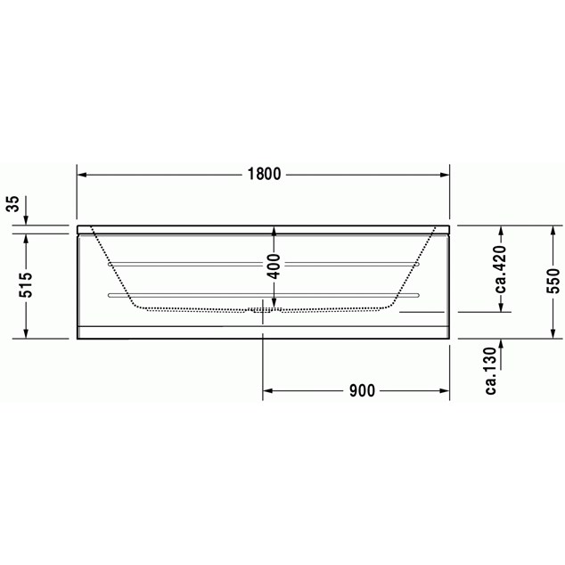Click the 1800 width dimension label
pyautogui.click(x=264, y=175)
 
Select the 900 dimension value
pyautogui.click(x=362, y=390)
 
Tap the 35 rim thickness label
pyautogui.click(x=13, y=204)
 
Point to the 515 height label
pyautogui.click(x=26, y=285)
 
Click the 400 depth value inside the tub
pyautogui.click(x=274, y=266)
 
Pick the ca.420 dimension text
pyautogui.click(x=501, y=269)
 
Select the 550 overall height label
pyautogui.click(x=553, y=281)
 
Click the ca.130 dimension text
pyautogui.click(x=491, y=371)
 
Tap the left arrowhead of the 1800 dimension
pyautogui.click(x=82, y=175)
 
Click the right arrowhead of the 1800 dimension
pyautogui.click(x=445, y=175)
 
